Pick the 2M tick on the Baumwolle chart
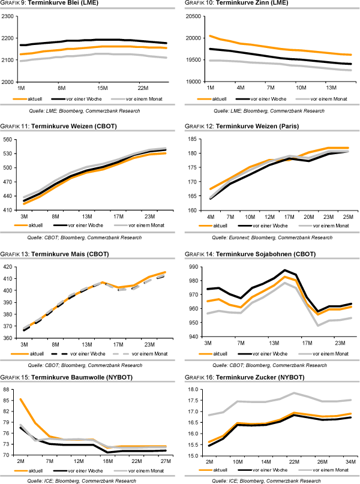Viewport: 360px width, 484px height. (21, 462)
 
